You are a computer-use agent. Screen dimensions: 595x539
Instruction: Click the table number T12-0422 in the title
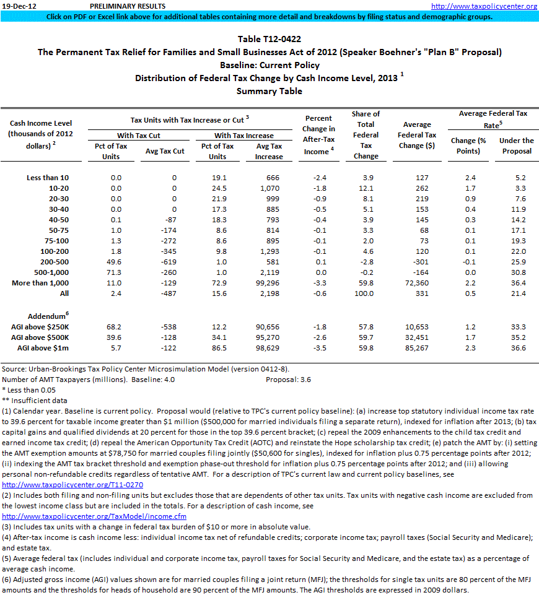pyautogui.click(x=269, y=39)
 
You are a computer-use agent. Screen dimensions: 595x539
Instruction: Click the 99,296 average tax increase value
pyautogui.click(x=268, y=283)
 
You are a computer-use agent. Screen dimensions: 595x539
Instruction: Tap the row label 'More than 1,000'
pyautogui.click(x=40, y=283)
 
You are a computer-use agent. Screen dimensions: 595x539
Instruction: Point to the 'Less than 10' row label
pyautogui.click(x=48, y=178)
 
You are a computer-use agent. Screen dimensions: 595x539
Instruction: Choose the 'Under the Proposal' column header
pyautogui.click(x=516, y=145)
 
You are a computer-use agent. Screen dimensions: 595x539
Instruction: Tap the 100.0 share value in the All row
pyautogui.click(x=366, y=293)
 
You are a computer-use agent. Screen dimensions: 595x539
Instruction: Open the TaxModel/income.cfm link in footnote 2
pyautogui.click(x=94, y=516)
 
